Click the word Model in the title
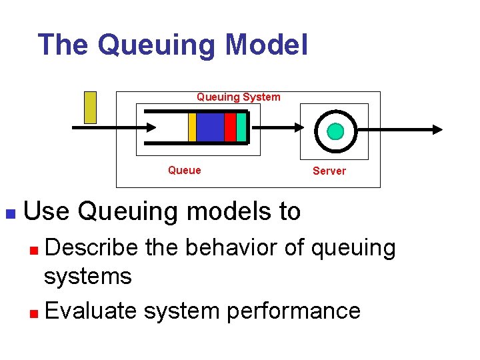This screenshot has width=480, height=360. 267,45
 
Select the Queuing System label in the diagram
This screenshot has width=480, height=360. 238,97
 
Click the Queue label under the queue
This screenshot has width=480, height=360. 184,171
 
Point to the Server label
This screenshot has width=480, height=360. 329,171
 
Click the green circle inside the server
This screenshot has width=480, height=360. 335,131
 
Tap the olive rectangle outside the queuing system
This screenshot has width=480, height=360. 90,107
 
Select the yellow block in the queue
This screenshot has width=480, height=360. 192,127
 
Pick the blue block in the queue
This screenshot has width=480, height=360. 210,127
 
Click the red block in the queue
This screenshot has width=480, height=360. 230,127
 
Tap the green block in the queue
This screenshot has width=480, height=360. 241,127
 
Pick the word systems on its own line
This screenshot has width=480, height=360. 87,276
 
